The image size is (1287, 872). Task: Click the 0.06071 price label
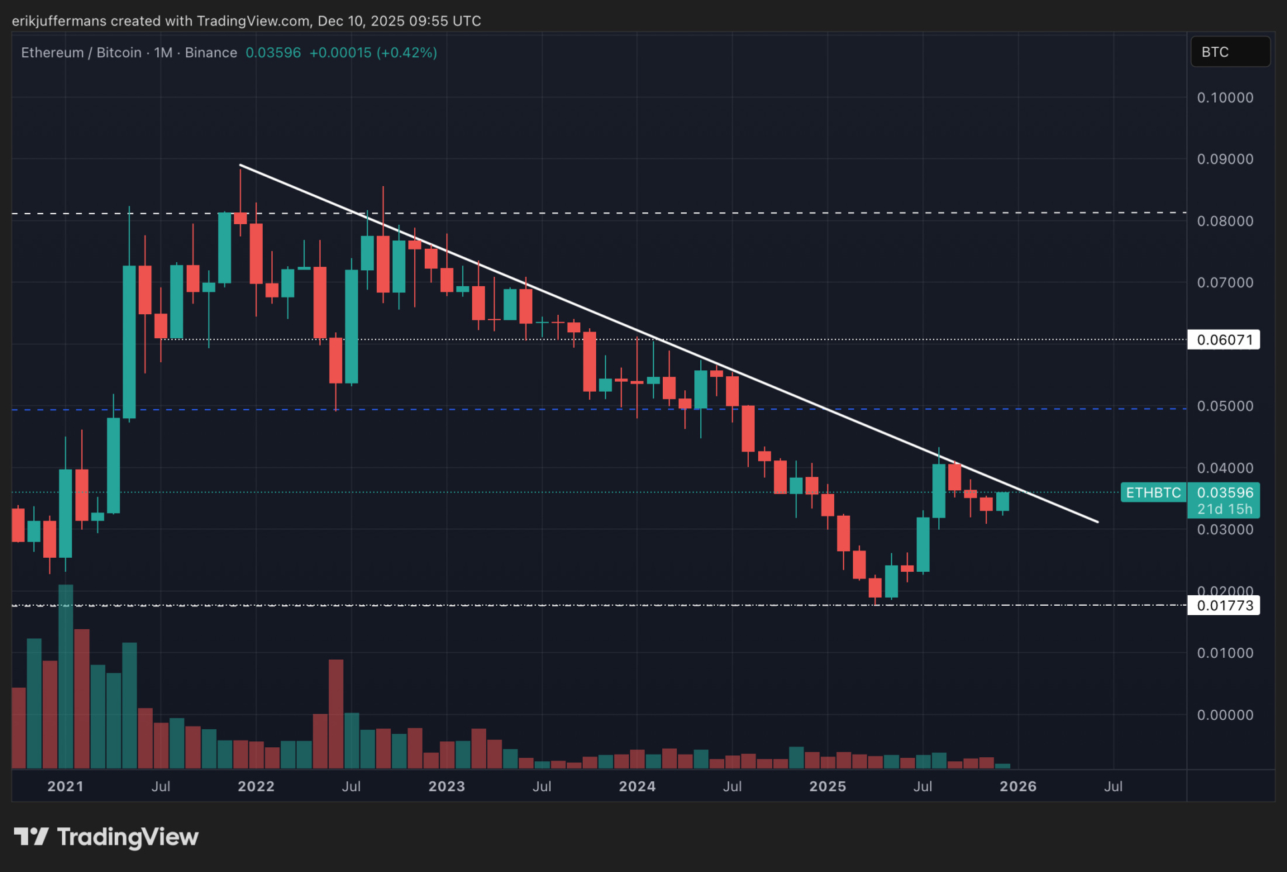[1224, 340]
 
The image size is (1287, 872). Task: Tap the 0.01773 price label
[1224, 606]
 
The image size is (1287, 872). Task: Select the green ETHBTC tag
[1153, 493]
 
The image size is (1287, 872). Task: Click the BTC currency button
[1230, 52]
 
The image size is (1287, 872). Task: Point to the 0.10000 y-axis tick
[1225, 97]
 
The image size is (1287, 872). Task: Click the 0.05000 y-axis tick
[1225, 406]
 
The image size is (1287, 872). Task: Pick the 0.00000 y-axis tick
[1225, 715]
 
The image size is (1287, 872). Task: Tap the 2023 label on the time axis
[446, 787]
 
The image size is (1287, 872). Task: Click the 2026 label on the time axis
[1018, 787]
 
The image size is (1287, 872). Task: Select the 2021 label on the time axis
[65, 787]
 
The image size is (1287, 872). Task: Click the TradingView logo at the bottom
[107, 837]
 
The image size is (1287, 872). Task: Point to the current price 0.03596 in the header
[273, 53]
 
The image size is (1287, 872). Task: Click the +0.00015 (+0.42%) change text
[373, 53]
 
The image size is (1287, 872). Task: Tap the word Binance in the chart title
[211, 53]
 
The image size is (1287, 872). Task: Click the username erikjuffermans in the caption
[59, 21]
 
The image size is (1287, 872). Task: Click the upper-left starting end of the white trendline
[241, 165]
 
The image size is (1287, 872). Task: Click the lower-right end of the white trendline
[1097, 522]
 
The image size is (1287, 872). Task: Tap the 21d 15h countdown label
[1224, 509]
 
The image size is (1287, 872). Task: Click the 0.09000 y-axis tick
[1225, 159]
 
